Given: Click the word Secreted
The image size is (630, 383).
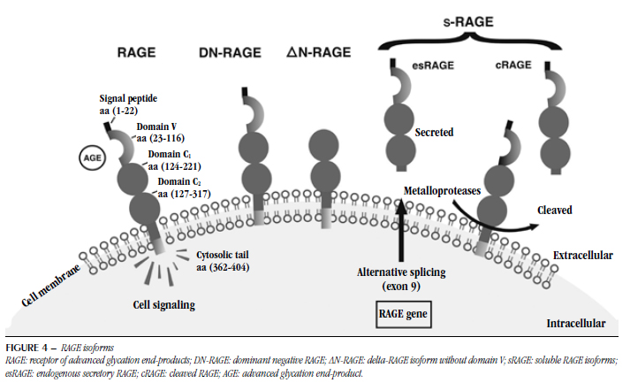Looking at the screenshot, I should coord(434,133).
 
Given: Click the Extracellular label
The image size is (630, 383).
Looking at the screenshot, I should coord(582,255).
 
